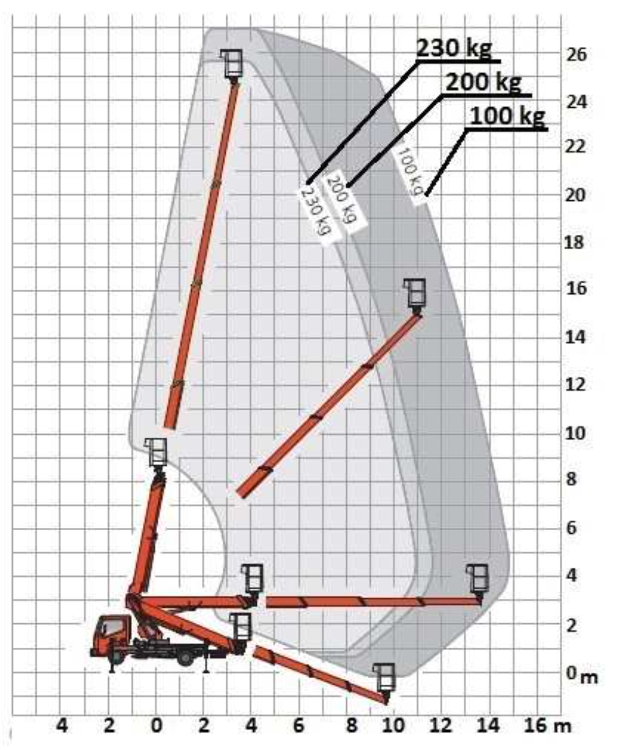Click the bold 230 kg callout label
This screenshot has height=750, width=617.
click(454, 48)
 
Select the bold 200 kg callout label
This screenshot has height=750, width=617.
click(483, 82)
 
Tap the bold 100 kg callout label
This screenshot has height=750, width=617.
click(507, 116)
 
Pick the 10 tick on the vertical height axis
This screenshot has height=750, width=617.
click(575, 433)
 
